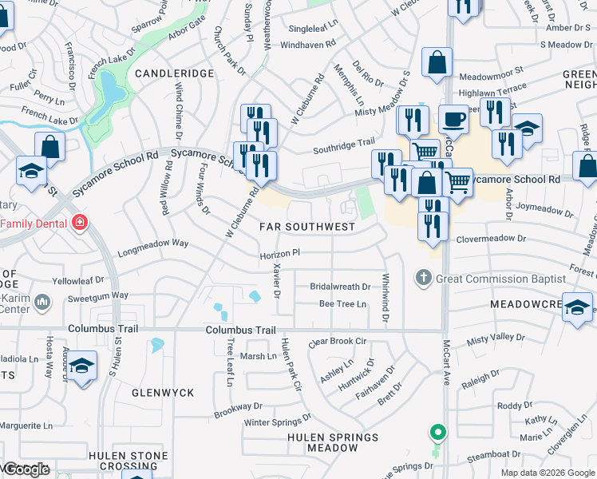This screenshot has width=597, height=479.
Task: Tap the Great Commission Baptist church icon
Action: point(423,279)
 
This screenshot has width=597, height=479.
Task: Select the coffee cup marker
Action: point(453,121)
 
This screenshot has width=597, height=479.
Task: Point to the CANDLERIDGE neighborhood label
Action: point(174,73)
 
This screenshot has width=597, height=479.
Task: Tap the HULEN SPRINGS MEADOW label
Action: point(332,442)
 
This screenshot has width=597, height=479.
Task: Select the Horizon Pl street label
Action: point(279,252)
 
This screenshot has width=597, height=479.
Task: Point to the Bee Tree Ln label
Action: point(342,303)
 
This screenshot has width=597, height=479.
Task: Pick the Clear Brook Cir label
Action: point(337,341)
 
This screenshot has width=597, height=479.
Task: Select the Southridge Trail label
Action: point(343,143)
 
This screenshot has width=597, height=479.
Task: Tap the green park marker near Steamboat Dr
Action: point(437,434)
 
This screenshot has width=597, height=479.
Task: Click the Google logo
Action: point(26,469)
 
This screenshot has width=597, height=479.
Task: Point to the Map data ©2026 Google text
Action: point(548,473)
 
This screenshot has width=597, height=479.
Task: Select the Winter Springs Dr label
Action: point(275,422)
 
